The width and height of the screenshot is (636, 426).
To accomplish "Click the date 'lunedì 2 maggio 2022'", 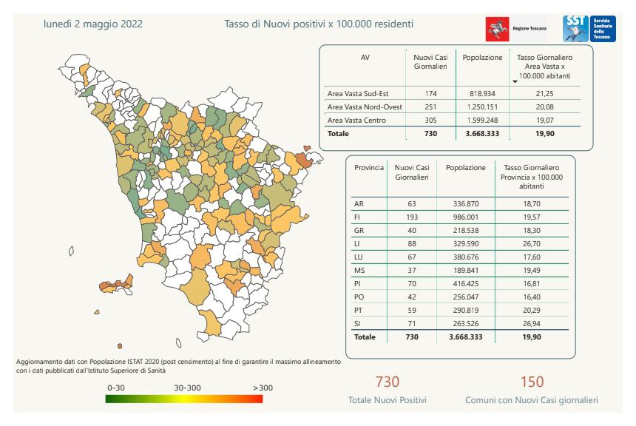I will point(93,24).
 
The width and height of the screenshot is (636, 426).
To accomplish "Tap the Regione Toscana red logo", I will point(493,30).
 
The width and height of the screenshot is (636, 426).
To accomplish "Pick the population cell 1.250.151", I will point(482,106).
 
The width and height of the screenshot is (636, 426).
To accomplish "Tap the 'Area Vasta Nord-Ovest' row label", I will point(364,106).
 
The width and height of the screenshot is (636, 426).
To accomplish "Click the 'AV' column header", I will point(365,57).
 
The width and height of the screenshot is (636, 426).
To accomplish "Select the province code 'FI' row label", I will point(359,217).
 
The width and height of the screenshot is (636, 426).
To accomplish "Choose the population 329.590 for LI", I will point(466,243).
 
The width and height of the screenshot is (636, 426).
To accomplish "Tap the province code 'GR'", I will point(359,230).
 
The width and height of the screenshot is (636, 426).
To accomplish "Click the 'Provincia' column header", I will point(369,168).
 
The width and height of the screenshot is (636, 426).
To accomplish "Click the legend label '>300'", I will point(263,387).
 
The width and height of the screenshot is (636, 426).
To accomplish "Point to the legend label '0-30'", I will point(117,387).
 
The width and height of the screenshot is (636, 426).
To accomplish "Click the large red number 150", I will point(532,382).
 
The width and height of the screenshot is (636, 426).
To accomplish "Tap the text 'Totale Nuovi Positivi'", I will point(388,400).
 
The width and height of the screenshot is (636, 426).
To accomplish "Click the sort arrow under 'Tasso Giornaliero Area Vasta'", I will point(515,81).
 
